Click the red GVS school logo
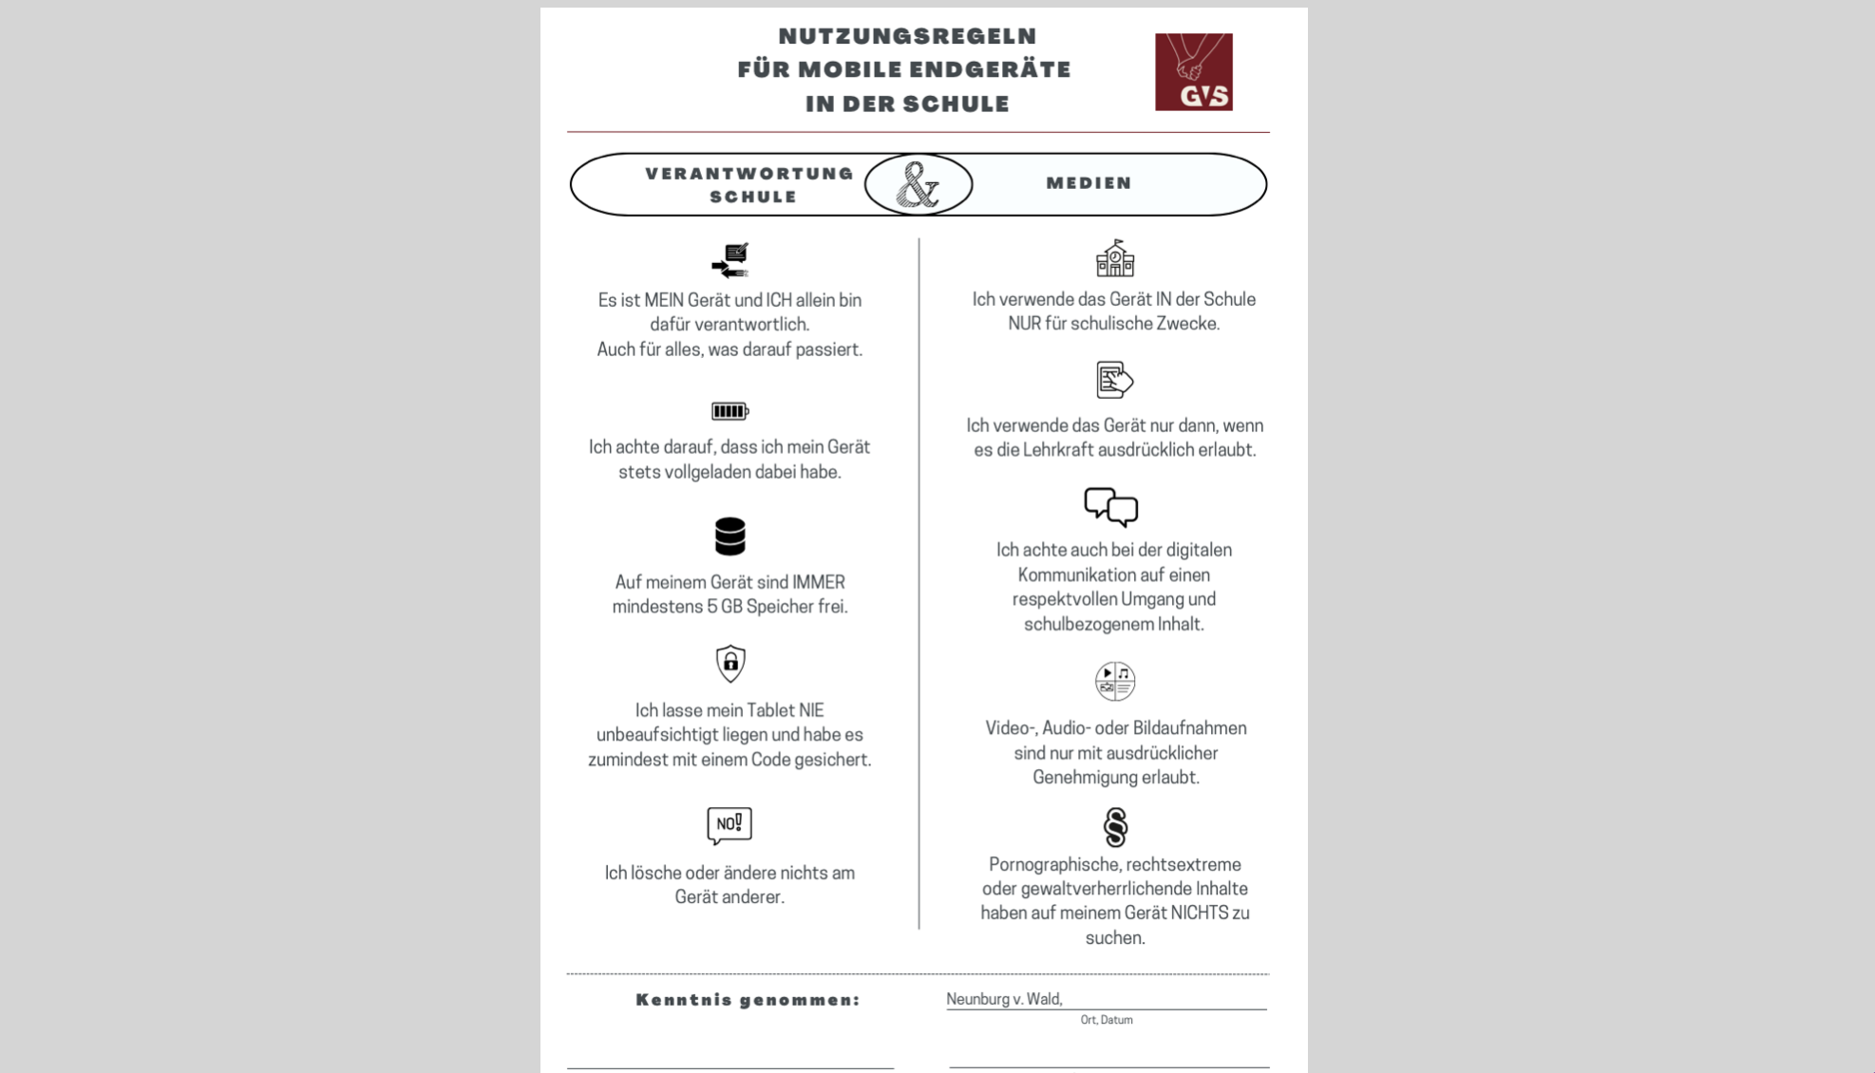point(1193,72)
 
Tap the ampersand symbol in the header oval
point(918,184)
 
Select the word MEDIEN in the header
point(1089,183)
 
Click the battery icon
point(729,411)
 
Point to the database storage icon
point(729,536)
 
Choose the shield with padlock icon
point(729,663)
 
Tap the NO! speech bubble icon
point(729,825)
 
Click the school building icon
point(1114,258)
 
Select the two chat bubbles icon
point(1110,507)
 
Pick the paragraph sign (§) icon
point(1115,827)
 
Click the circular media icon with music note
point(1114,681)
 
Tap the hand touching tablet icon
point(1114,380)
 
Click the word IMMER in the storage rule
point(818,582)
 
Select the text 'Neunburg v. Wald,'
point(1003,999)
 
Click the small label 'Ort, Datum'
point(1106,1020)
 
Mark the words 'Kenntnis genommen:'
point(748,1000)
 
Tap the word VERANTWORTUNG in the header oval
point(749,174)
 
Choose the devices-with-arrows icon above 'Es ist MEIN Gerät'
point(729,260)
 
